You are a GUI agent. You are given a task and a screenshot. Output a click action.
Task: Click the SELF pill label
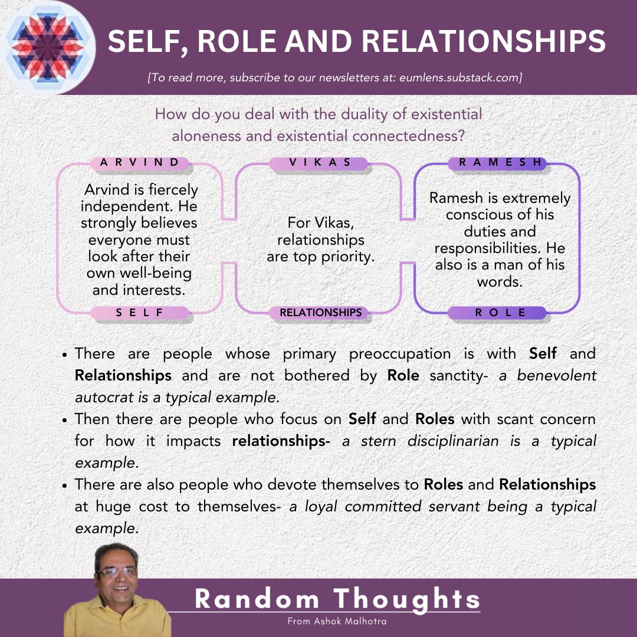pyautogui.click(x=140, y=313)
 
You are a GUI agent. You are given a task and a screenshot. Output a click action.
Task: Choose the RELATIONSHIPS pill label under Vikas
pyautogui.click(x=320, y=313)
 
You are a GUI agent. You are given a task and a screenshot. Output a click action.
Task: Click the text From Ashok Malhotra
pyautogui.click(x=337, y=621)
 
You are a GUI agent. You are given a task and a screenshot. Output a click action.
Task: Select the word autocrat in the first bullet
pyautogui.click(x=100, y=397)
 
